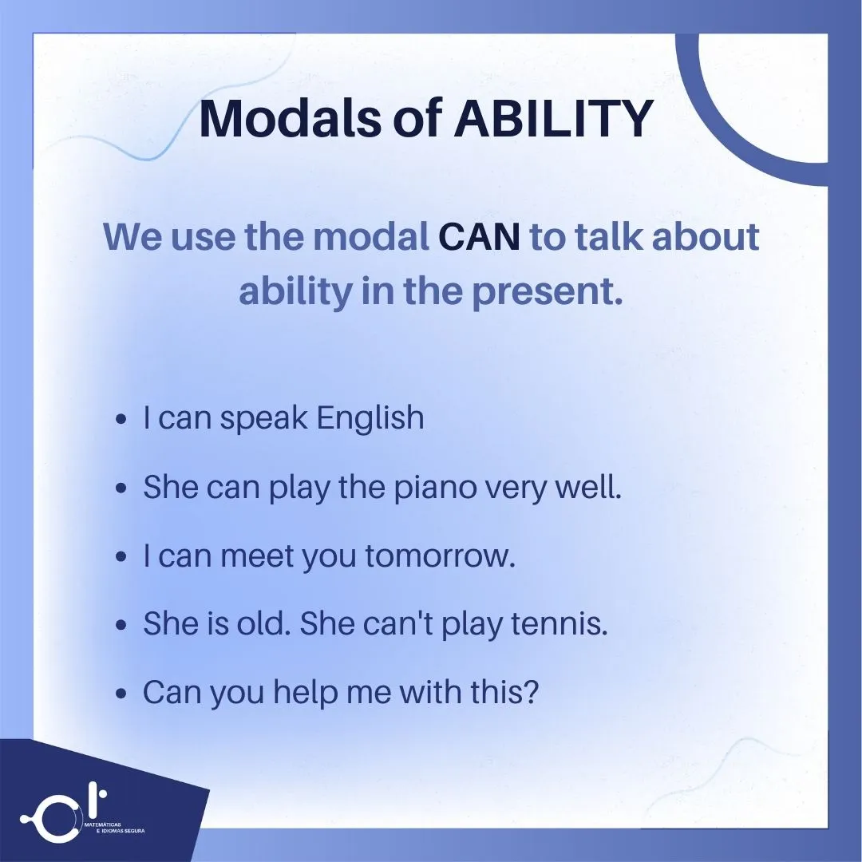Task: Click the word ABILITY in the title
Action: point(554,119)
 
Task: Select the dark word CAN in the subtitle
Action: point(480,238)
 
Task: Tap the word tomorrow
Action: point(440,556)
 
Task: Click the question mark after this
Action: point(531,693)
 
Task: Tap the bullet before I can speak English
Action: point(121,420)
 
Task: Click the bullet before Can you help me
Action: point(121,694)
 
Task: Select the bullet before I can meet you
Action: point(121,557)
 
